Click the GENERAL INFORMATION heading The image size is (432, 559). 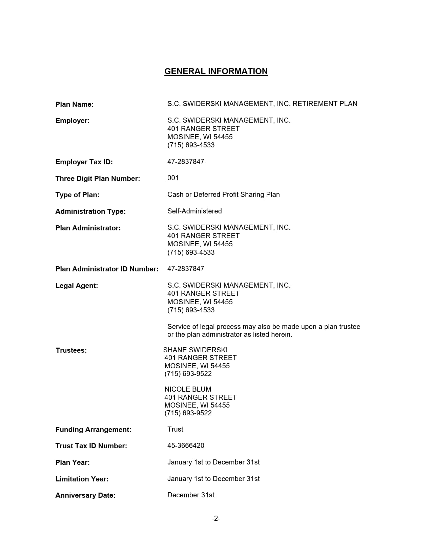(216, 71)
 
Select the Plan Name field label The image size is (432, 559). (75, 104)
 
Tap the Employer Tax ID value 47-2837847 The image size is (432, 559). (186, 162)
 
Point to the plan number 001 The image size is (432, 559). (173, 178)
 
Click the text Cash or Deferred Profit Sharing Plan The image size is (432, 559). (223, 194)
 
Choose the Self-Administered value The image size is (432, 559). (194, 211)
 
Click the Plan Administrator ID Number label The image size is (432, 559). (107, 269)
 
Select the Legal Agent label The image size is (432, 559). (77, 286)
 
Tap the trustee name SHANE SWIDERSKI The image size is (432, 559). (195, 350)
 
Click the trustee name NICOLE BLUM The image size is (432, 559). (188, 389)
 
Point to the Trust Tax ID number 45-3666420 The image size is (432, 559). (186, 446)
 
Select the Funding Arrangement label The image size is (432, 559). (93, 430)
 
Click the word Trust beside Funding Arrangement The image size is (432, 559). (175, 429)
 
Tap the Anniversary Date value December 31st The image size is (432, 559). (191, 495)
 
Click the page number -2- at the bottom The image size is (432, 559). (216, 518)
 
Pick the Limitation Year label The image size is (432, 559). (82, 479)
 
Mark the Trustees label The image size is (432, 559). (71, 350)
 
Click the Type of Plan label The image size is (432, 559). (77, 195)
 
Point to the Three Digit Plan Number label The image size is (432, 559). (98, 179)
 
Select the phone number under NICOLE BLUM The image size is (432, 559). (188, 413)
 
